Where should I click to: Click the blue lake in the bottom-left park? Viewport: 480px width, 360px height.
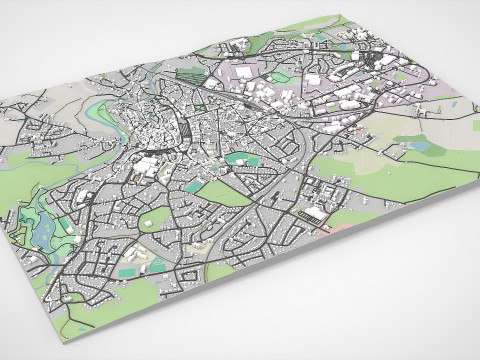click(45, 232)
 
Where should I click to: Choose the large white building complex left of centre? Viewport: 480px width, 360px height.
click(148, 166)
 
